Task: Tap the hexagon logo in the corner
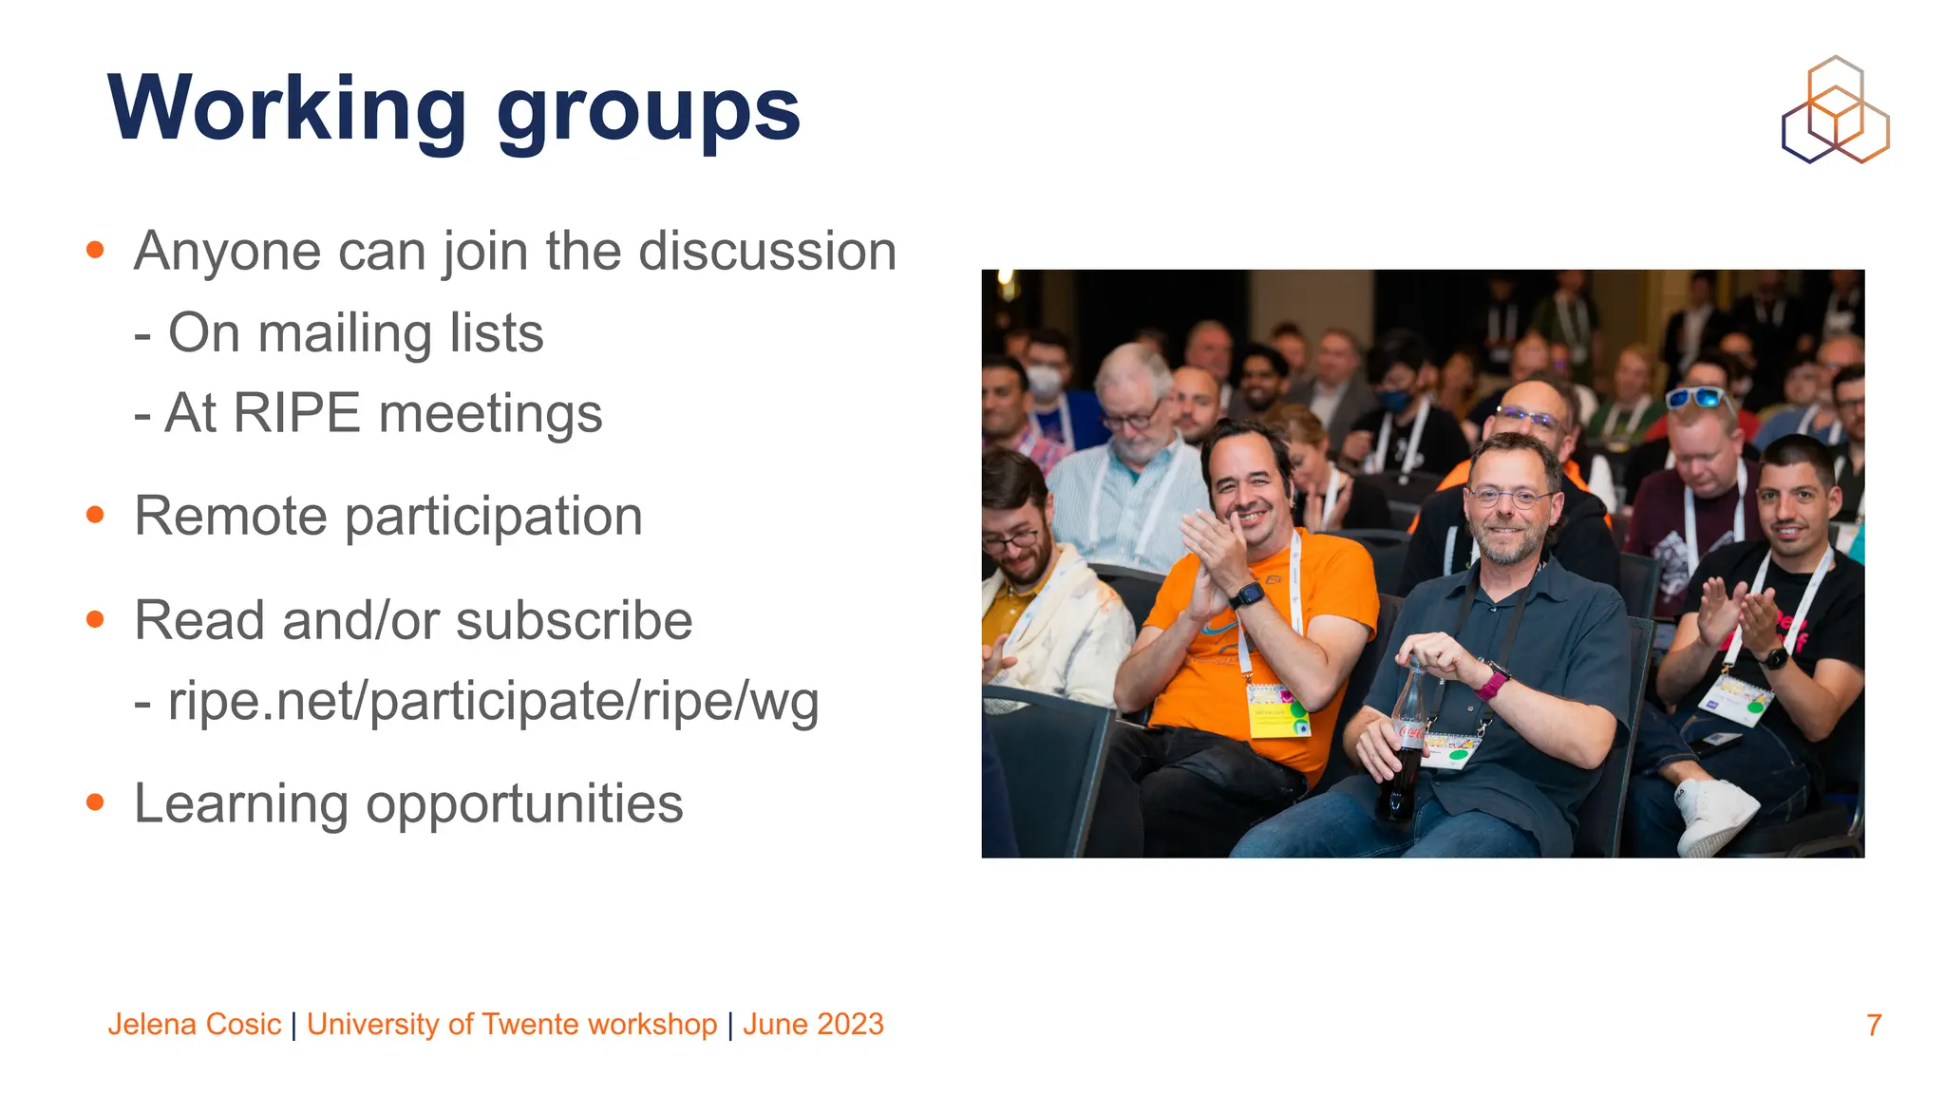click(x=1835, y=110)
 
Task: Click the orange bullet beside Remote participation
click(x=95, y=515)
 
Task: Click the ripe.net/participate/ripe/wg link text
click(x=493, y=703)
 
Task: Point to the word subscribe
click(x=574, y=621)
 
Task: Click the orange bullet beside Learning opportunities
click(x=95, y=802)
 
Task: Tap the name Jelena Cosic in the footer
click(x=195, y=1025)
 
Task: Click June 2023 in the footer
click(x=813, y=1025)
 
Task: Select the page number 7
click(x=1873, y=1026)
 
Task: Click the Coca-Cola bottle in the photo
click(x=1406, y=741)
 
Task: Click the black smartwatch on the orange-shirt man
click(x=1247, y=596)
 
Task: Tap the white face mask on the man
click(x=1044, y=384)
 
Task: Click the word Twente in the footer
click(x=531, y=1025)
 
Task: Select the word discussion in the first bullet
click(x=767, y=252)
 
